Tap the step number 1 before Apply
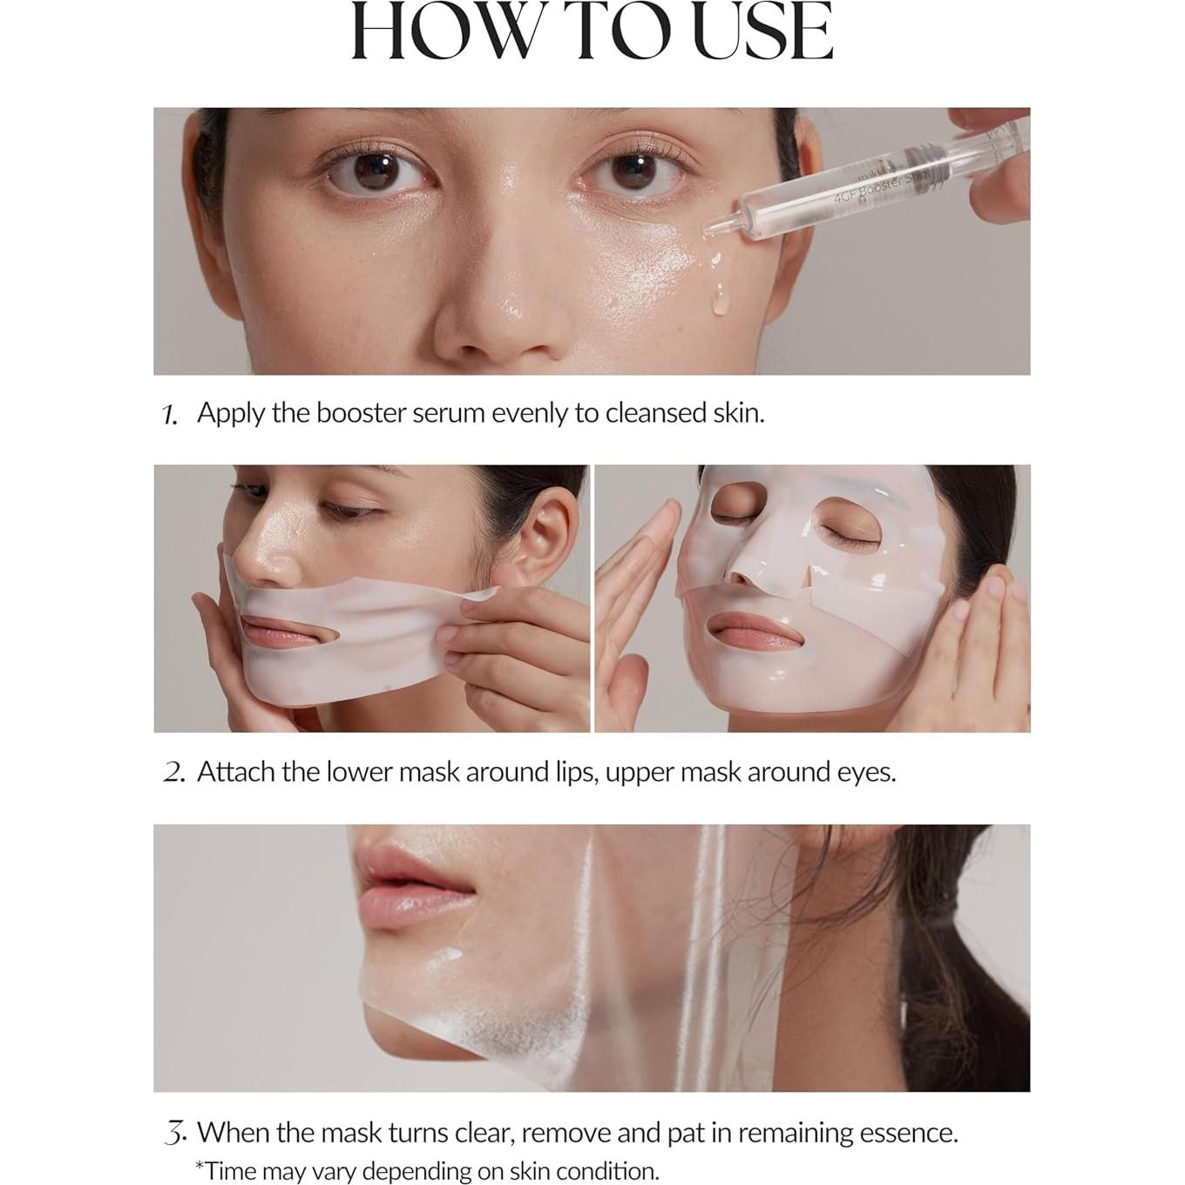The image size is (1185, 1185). coord(170,415)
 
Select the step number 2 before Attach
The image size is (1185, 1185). coord(173,773)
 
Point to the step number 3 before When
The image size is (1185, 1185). coord(175,1134)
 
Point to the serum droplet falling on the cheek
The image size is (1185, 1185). coord(719,301)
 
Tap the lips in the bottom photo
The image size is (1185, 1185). coord(410,884)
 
